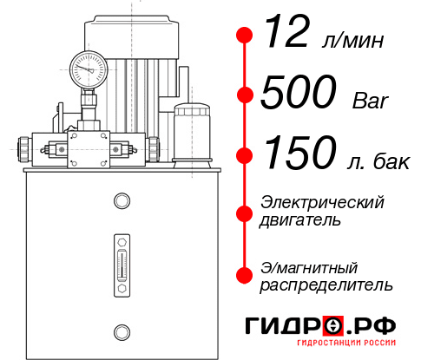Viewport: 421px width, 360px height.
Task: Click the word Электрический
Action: coord(322,202)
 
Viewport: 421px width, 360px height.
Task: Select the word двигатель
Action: coord(300,220)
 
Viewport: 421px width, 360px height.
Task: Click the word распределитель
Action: coord(326,285)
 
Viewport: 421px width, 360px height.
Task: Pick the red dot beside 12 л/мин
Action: coord(245,36)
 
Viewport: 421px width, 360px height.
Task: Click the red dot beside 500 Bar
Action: coord(245,95)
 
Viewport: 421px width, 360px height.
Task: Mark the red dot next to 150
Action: coord(245,155)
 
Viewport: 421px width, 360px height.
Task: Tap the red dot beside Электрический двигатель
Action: coord(245,211)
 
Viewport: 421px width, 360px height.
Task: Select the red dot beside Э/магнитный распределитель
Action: coord(245,275)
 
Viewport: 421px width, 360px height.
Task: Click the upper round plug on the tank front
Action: coord(121,202)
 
